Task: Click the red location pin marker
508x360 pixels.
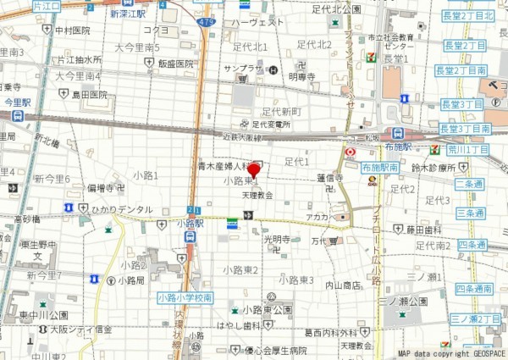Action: pyautogui.click(x=253, y=171)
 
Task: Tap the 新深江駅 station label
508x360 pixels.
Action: pyautogui.click(x=127, y=14)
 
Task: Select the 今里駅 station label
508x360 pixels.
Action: pyautogui.click(x=17, y=101)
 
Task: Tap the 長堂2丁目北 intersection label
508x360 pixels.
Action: pyautogui.click(x=467, y=15)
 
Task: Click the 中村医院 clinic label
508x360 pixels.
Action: pyautogui.click(x=73, y=30)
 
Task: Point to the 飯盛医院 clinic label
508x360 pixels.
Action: pyautogui.click(x=176, y=64)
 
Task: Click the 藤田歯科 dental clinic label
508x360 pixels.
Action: pyautogui.click(x=423, y=229)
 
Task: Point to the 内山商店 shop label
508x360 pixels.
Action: pyautogui.click(x=343, y=285)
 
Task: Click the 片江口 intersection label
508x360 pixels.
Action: pyautogui.click(x=49, y=5)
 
